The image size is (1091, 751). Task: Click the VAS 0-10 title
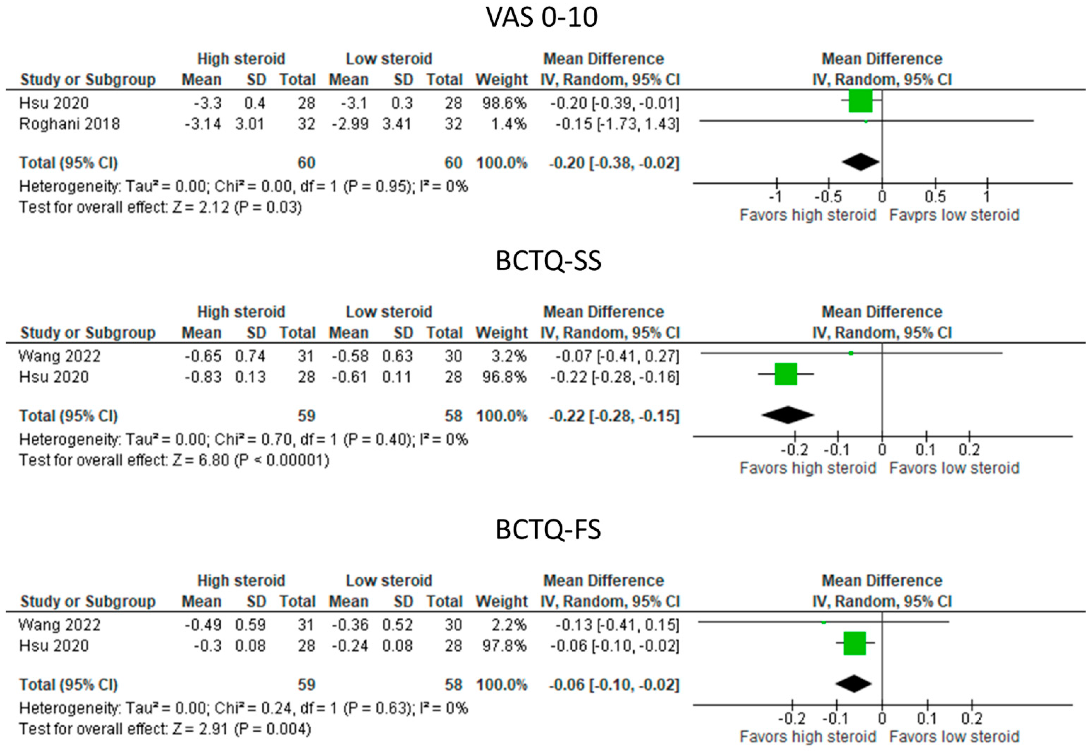click(x=542, y=18)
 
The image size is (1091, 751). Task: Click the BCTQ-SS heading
click(x=548, y=261)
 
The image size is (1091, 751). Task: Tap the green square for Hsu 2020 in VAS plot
click(x=860, y=101)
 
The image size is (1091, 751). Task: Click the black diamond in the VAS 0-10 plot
click(x=860, y=162)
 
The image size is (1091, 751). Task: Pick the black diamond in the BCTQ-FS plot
click(x=854, y=684)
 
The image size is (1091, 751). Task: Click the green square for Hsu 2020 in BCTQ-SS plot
click(x=785, y=374)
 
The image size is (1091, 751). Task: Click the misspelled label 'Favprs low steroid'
click(x=954, y=215)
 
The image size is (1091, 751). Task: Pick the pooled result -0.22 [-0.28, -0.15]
click(x=614, y=416)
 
